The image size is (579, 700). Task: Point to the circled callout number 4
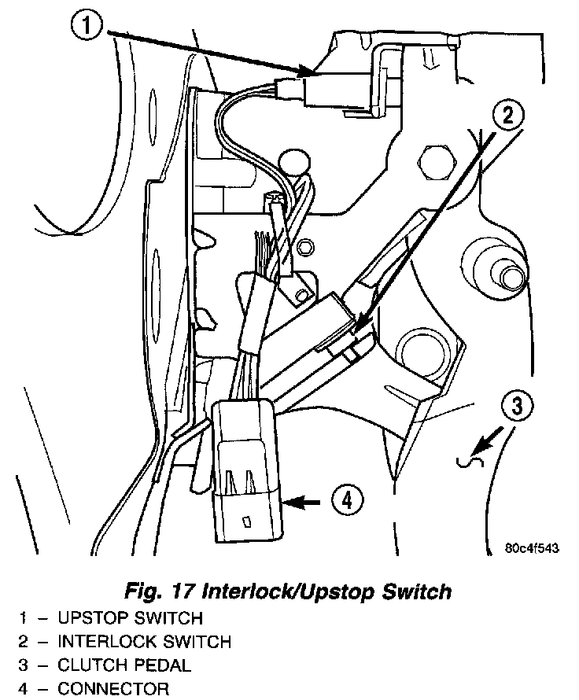347,499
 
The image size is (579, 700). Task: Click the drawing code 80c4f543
533,550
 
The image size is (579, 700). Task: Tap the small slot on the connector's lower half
247,521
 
